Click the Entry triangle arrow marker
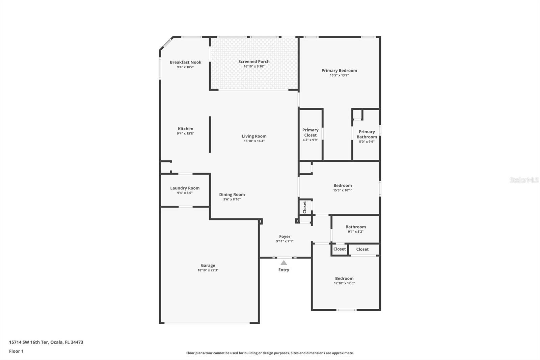point(284,262)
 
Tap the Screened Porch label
point(254,61)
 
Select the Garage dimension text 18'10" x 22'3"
point(208,270)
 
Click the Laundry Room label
point(185,188)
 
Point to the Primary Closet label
point(310,132)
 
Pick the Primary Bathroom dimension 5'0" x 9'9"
point(367,142)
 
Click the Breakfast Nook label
point(185,62)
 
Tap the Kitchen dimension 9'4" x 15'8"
point(185,133)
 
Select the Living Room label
point(254,136)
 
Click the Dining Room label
point(232,195)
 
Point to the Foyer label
point(285,237)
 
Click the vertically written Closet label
point(304,207)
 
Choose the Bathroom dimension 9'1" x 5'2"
point(356,232)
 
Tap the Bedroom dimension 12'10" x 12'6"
point(344,283)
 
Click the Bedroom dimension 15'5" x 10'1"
point(343,190)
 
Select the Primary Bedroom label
point(339,71)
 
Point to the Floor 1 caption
point(16,351)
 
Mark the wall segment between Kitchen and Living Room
point(210,134)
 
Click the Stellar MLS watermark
point(524,180)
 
